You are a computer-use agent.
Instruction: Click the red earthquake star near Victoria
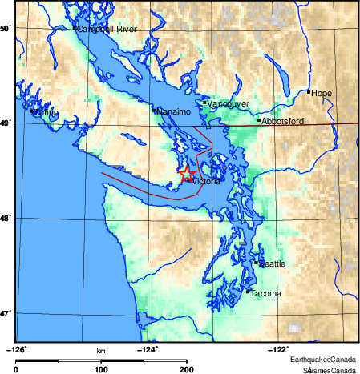click(186, 173)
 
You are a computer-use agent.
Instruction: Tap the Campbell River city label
click(107, 29)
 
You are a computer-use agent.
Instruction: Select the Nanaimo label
click(173, 111)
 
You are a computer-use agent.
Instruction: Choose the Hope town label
click(322, 93)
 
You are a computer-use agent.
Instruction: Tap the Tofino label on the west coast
click(47, 112)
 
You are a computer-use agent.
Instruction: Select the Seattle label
click(271, 263)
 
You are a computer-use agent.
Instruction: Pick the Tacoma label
click(266, 294)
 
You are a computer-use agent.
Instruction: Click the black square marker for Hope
click(309, 92)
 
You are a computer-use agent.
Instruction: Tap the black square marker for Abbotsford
click(259, 120)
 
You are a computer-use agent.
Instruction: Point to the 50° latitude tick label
click(5, 28)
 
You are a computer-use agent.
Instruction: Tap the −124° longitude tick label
click(149, 349)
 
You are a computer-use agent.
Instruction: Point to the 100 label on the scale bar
click(102, 369)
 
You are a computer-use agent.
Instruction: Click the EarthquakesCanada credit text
click(324, 360)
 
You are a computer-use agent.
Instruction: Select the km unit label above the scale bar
click(102, 351)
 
